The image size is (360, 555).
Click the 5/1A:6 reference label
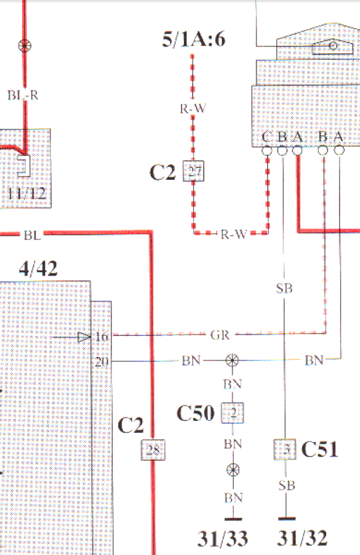click(x=194, y=39)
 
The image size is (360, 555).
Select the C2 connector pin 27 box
click(x=194, y=171)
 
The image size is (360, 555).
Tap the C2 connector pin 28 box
click(x=153, y=450)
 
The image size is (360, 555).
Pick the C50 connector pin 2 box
click(x=232, y=413)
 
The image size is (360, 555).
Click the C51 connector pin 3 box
click(x=284, y=449)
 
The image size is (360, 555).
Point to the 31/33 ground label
click(x=223, y=538)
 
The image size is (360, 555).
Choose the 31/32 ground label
click(x=302, y=538)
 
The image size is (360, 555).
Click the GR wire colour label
click(x=220, y=335)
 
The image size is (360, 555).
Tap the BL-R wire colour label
click(x=23, y=95)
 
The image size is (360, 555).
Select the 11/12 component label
click(x=27, y=194)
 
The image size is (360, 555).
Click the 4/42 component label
click(x=39, y=268)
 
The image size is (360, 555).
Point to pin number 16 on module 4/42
click(x=102, y=337)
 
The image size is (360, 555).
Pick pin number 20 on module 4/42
click(x=102, y=362)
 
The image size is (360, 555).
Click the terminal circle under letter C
click(x=267, y=151)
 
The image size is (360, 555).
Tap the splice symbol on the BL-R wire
click(x=25, y=46)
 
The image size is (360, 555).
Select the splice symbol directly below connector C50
click(x=232, y=470)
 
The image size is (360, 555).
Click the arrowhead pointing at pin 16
click(x=84, y=337)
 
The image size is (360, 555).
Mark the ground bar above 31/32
click(x=287, y=519)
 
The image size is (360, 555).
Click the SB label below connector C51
click(x=287, y=485)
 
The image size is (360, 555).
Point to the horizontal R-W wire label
click(x=234, y=234)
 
